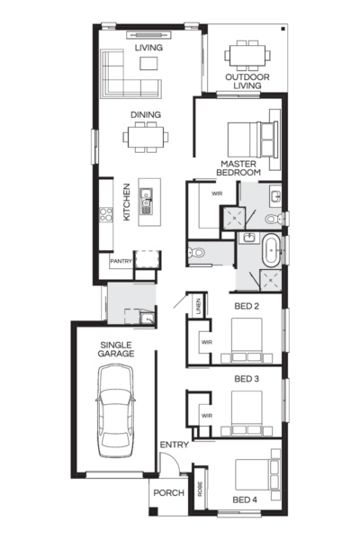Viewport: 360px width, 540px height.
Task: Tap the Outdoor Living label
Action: (247, 82)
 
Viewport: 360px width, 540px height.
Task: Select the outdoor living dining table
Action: (246, 56)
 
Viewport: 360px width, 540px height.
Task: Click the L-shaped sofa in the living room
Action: (127, 76)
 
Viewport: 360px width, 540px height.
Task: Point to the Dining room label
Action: (146, 114)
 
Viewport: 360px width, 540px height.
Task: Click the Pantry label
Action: (121, 262)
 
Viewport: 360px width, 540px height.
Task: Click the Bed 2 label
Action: (247, 307)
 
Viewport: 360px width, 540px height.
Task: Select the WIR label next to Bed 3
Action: (206, 415)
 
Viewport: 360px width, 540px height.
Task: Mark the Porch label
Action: (168, 492)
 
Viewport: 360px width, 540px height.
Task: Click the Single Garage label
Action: (116, 348)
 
